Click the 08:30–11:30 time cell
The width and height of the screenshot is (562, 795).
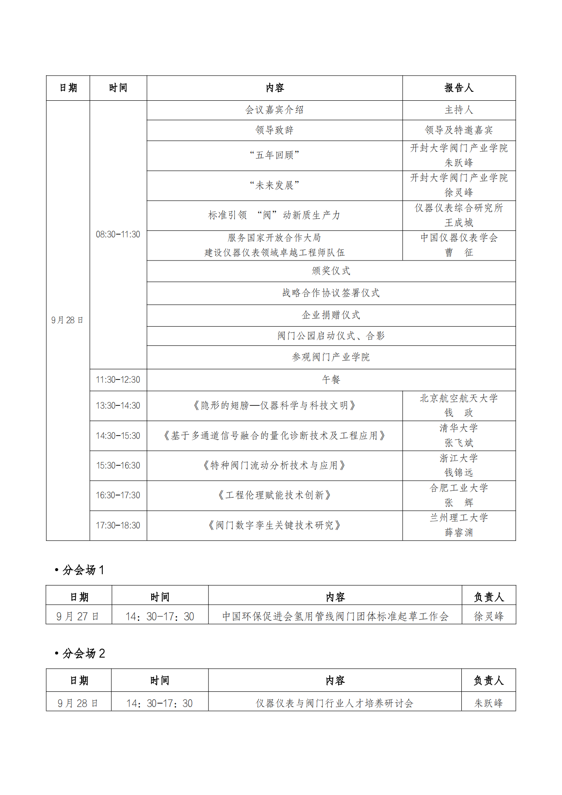118,235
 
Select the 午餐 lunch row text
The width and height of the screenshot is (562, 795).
331,380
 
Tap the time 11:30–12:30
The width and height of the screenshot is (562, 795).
118,380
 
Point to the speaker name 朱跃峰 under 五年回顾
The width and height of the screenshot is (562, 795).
459,163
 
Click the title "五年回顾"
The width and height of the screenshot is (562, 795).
274,156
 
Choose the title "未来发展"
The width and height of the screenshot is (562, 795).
274,186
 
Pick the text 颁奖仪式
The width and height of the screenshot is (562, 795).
331,271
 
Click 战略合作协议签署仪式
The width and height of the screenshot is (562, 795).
331,293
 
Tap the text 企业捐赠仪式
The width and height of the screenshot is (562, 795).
331,315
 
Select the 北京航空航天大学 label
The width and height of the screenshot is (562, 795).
459,399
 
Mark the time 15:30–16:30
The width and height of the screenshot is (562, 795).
118,466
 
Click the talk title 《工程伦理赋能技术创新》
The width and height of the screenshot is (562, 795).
274,495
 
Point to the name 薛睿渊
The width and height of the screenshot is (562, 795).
459,533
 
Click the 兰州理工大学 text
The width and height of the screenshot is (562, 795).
459,518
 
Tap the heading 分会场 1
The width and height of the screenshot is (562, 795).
83,570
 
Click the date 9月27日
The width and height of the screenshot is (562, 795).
78,617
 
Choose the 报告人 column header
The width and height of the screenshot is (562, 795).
459,88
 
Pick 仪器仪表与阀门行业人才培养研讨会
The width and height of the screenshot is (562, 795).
334,704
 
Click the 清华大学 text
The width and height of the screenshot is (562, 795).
459,428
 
